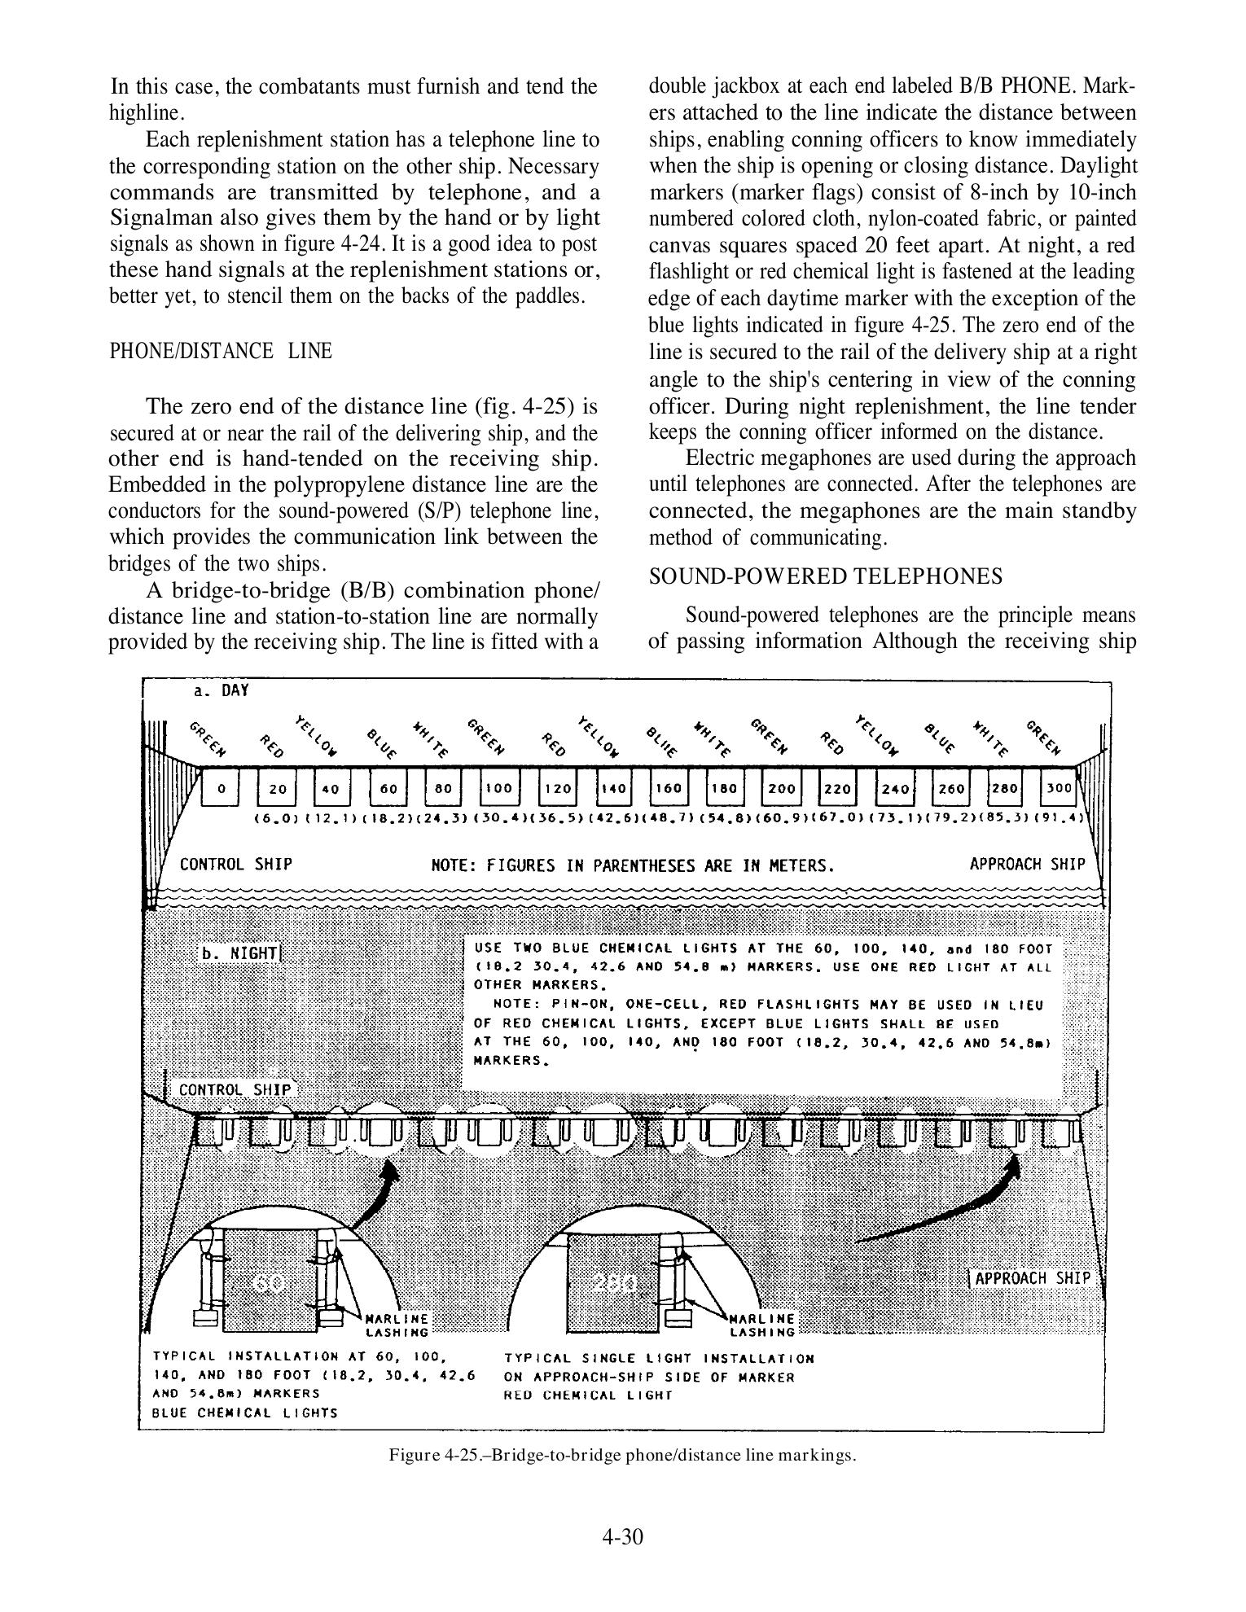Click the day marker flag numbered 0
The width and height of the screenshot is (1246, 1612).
coord(221,788)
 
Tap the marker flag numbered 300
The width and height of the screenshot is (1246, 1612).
coord(1060,788)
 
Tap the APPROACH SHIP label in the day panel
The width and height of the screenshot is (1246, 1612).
coord(1027,864)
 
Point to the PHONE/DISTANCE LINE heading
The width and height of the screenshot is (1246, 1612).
coord(221,351)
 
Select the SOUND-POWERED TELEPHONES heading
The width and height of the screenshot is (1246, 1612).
coord(826,576)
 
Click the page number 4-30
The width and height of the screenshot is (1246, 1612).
coord(623,1536)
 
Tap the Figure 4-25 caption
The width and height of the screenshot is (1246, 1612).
coord(623,1455)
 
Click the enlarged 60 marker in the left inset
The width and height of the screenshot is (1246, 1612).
coord(269,1284)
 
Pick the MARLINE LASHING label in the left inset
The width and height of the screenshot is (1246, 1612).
coord(397,1325)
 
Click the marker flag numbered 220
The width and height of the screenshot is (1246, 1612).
coord(836,788)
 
